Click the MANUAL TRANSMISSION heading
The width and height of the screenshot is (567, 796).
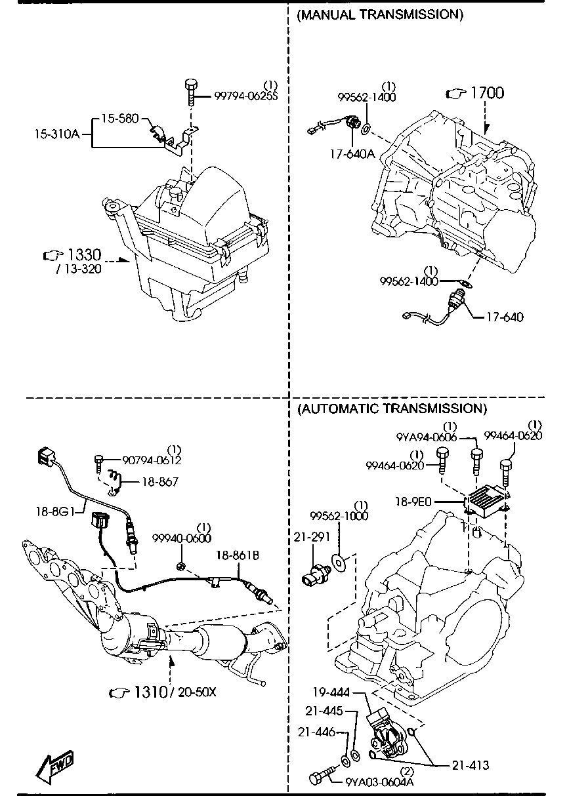380,14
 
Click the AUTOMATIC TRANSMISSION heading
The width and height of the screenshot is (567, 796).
392,408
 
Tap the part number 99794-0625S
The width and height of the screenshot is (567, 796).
246,96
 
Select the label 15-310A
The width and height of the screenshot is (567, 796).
57,134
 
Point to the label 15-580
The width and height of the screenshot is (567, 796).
120,118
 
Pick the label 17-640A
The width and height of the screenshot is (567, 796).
352,154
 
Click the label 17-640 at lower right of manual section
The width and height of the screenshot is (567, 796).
505,317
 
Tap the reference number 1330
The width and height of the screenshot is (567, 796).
84,255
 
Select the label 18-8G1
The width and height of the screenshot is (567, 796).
55,511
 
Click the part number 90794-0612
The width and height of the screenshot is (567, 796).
152,460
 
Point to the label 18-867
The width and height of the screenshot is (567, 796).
160,482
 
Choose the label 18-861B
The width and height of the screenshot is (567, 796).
238,555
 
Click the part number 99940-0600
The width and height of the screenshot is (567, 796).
182,538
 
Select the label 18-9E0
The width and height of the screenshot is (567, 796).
413,502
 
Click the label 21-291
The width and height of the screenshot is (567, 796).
312,537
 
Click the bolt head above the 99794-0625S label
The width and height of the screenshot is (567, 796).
192,85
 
